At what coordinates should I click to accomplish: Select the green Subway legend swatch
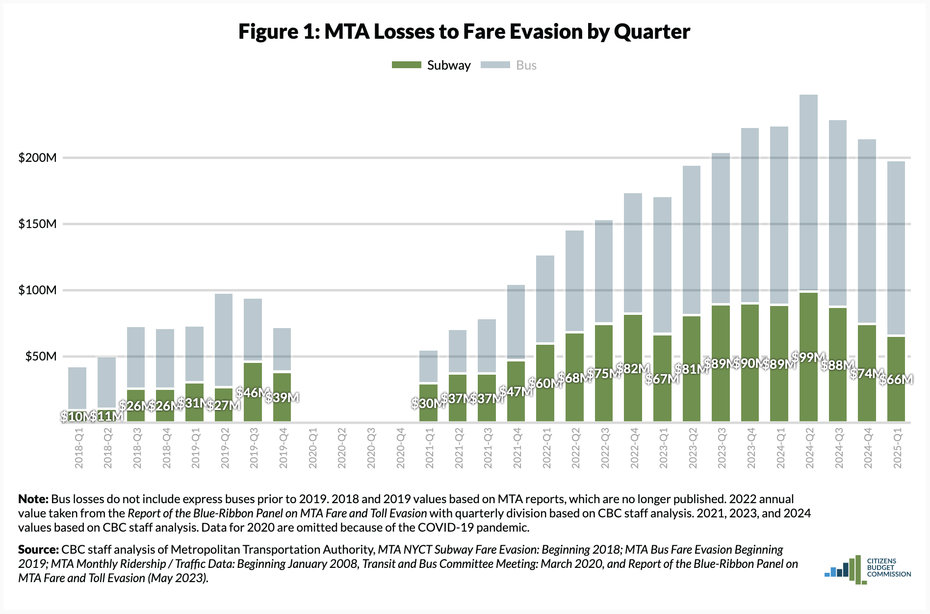[406, 65]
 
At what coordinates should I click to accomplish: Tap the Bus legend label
[526, 65]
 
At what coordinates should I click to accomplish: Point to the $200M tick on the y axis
[37, 157]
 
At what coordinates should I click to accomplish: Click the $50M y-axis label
[41, 356]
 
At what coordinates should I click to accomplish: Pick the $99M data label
[808, 358]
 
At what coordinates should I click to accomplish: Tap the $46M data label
[253, 392]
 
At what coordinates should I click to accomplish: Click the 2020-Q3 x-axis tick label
[371, 448]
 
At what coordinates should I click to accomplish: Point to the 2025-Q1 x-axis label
[898, 448]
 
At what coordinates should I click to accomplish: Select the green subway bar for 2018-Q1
[77, 416]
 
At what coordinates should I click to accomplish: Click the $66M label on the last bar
[896, 379]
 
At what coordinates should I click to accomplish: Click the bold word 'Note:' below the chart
[33, 499]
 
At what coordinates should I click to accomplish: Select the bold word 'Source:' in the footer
[38, 549]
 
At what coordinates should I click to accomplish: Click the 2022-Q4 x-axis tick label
[634, 448]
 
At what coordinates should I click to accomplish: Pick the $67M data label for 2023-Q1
[662, 379]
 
